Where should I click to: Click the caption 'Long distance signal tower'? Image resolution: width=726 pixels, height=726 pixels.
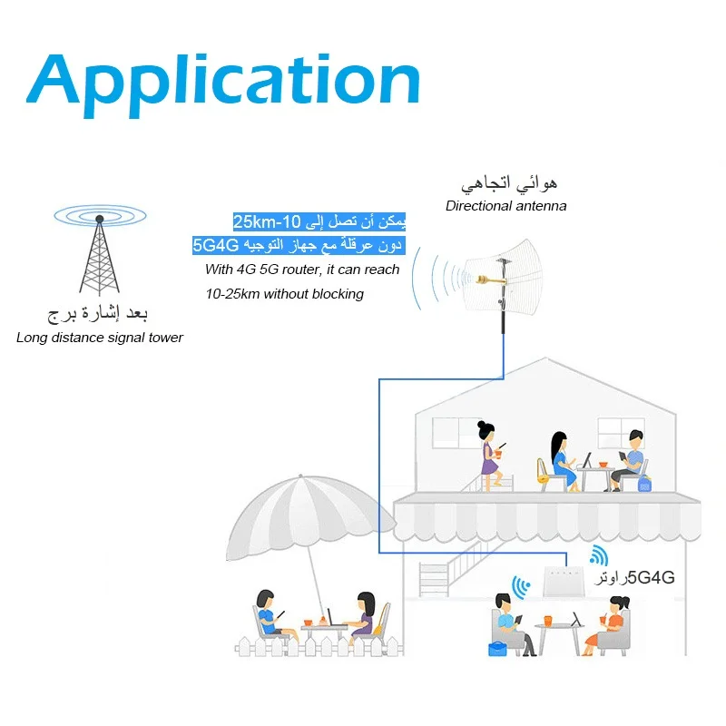click(x=100, y=338)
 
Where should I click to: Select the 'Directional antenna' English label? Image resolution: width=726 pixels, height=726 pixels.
click(x=505, y=206)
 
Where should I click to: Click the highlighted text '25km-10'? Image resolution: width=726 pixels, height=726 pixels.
click(x=267, y=222)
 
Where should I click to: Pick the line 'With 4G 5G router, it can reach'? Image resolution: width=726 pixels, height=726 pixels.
click(x=302, y=270)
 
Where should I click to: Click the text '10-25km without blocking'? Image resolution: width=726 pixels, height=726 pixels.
click(x=284, y=293)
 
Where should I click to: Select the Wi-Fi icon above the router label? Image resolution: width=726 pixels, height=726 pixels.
click(x=597, y=556)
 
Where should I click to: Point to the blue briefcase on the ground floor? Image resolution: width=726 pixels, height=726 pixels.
click(x=497, y=648)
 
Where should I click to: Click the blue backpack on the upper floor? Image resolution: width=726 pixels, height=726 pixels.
click(x=644, y=485)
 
